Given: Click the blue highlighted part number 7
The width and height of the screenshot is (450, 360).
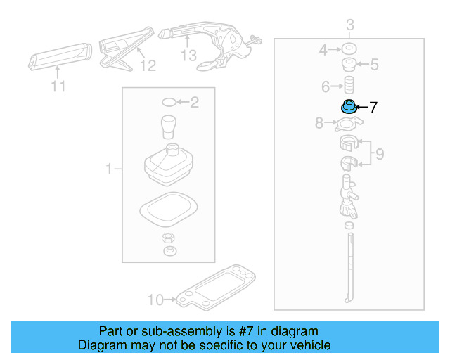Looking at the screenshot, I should pyautogui.click(x=348, y=108).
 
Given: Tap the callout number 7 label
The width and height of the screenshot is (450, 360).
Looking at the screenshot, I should pyautogui.click(x=373, y=108).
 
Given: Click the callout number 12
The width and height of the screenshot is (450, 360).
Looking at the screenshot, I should pyautogui.click(x=147, y=66).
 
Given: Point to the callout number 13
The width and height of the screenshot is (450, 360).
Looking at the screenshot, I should pyautogui.click(x=188, y=56).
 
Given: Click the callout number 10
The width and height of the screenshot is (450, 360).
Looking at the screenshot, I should pyautogui.click(x=155, y=300).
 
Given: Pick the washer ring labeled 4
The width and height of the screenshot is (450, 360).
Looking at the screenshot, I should pyautogui.click(x=347, y=50).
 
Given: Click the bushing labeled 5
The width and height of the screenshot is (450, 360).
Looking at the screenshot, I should pyautogui.click(x=347, y=65).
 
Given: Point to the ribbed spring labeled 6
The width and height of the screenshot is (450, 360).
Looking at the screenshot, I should pyautogui.click(x=347, y=86).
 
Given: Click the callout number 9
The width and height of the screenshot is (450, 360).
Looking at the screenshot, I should pyautogui.click(x=380, y=154).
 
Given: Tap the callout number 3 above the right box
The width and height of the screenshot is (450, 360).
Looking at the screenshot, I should pyautogui.click(x=349, y=27).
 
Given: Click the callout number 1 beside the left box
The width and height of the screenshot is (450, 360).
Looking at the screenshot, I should pyautogui.click(x=109, y=169).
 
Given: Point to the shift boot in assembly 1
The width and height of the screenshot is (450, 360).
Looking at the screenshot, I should pyautogui.click(x=169, y=166).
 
